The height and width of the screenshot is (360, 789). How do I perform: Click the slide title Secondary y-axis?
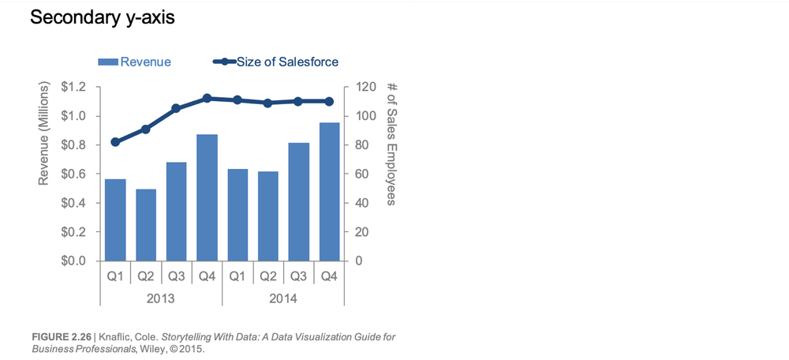[102, 17]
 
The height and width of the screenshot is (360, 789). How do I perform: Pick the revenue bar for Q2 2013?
[146, 225]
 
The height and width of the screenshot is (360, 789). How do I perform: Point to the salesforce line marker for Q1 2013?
[115, 142]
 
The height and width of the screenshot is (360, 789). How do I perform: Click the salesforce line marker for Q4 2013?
[207, 99]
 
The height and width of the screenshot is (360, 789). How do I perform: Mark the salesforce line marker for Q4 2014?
[329, 101]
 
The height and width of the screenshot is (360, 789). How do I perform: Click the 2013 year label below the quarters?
[161, 299]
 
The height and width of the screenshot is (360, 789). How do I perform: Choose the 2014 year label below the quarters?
[283, 299]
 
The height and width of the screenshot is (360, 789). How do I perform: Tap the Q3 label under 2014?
[298, 276]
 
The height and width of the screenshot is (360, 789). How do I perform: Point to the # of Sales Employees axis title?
[392, 143]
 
